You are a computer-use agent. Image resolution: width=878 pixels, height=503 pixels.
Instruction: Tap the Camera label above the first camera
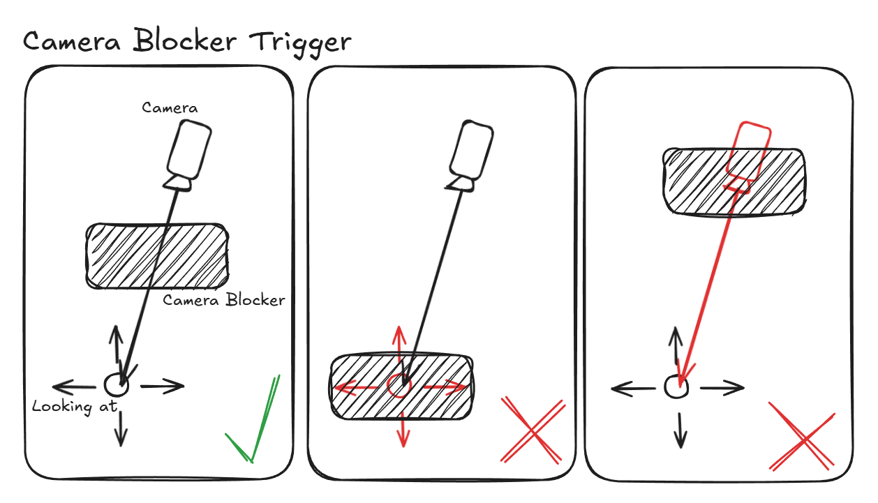pos(170,107)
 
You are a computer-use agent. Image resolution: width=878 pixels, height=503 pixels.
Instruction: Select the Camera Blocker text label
pos(224,301)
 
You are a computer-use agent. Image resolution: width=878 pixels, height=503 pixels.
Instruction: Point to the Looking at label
pos(73,406)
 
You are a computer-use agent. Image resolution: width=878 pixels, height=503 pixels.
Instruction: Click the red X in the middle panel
pos(533,430)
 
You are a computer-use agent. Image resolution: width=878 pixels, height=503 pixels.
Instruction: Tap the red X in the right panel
pos(803,437)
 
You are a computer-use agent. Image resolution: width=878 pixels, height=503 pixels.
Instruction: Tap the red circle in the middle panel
pos(399,385)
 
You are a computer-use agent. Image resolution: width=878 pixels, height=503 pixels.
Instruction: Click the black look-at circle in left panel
pos(115,384)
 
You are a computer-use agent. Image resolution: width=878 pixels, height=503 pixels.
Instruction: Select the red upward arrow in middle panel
pos(399,345)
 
